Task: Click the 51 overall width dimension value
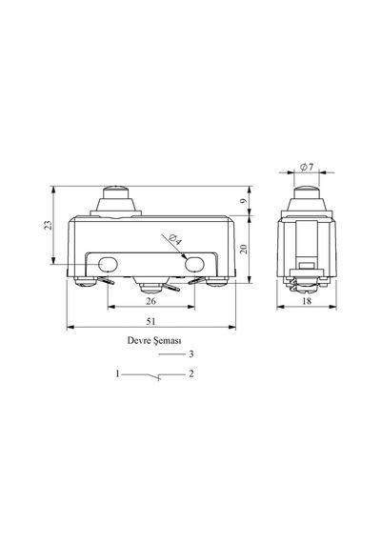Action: pyautogui.click(x=150, y=321)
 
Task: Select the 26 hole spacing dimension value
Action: pyautogui.click(x=150, y=301)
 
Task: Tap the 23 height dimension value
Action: pyautogui.click(x=50, y=225)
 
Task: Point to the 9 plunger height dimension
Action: pyautogui.click(x=244, y=201)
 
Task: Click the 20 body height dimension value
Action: pyautogui.click(x=244, y=249)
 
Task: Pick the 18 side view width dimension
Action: pyautogui.click(x=307, y=301)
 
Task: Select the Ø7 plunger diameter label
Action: pyautogui.click(x=307, y=168)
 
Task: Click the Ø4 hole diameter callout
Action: pyautogui.click(x=175, y=240)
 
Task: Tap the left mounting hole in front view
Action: pyautogui.click(x=108, y=265)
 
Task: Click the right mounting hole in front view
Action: pyautogui.click(x=194, y=265)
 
